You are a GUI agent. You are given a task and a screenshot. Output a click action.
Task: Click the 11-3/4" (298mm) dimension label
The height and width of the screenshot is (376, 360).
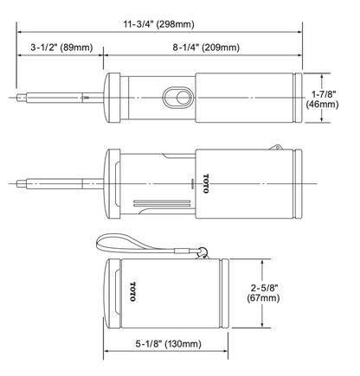(x=159, y=24)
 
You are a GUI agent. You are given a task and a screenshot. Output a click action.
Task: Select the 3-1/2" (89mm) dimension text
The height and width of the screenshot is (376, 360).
(x=61, y=48)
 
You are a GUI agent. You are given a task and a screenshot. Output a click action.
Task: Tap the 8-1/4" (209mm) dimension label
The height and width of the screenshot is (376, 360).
(x=206, y=48)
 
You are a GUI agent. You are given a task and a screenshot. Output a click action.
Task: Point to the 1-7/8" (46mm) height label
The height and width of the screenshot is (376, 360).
(x=322, y=99)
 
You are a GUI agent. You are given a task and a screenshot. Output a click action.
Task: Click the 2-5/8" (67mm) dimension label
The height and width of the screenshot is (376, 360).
(x=263, y=292)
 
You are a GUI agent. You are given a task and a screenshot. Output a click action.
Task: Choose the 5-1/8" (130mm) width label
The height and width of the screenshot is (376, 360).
(x=169, y=344)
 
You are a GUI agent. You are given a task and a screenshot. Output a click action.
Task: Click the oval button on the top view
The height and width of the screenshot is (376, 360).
(x=178, y=98)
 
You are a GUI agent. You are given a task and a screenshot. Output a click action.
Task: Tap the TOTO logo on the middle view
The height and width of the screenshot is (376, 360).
(x=205, y=183)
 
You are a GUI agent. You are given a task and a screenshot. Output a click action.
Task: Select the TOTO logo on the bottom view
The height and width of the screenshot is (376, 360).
(x=132, y=291)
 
